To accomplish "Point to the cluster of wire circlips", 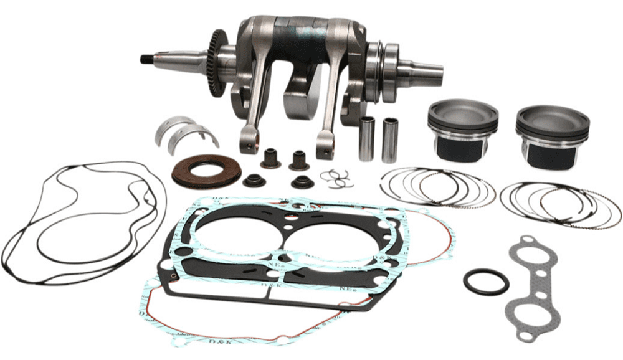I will coord(337,178).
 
